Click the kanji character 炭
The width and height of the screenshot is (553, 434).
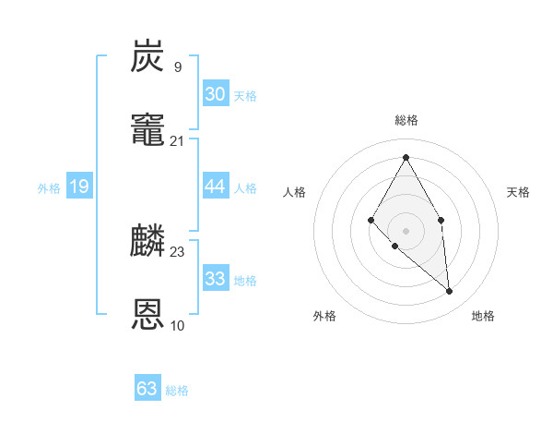pos(148,57)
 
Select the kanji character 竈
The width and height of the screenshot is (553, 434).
pos(148,131)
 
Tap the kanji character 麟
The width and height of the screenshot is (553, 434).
pos(148,242)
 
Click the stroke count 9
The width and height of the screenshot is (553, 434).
pos(177,66)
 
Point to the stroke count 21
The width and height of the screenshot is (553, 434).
pos(177,140)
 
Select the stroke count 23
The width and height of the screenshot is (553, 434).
pos(177,251)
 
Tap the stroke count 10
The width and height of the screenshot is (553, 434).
pos(177,325)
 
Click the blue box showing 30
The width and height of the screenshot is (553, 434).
pos(215,94)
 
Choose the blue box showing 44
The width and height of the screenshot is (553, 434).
pos(215,187)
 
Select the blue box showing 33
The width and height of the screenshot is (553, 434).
pos(215,279)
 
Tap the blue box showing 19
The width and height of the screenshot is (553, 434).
pos(79,187)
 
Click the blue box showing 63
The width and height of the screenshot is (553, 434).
pos(147,389)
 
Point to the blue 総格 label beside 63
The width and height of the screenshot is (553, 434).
pos(177,391)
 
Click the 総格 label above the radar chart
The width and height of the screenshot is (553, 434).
pos(406,120)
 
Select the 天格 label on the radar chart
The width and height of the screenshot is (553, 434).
pos(518,192)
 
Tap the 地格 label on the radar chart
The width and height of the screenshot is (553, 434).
pos(483,316)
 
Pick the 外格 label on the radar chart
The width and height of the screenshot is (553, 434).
pos(324,316)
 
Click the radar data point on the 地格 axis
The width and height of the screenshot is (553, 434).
pos(450,292)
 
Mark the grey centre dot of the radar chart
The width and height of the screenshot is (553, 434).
pos(406,230)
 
